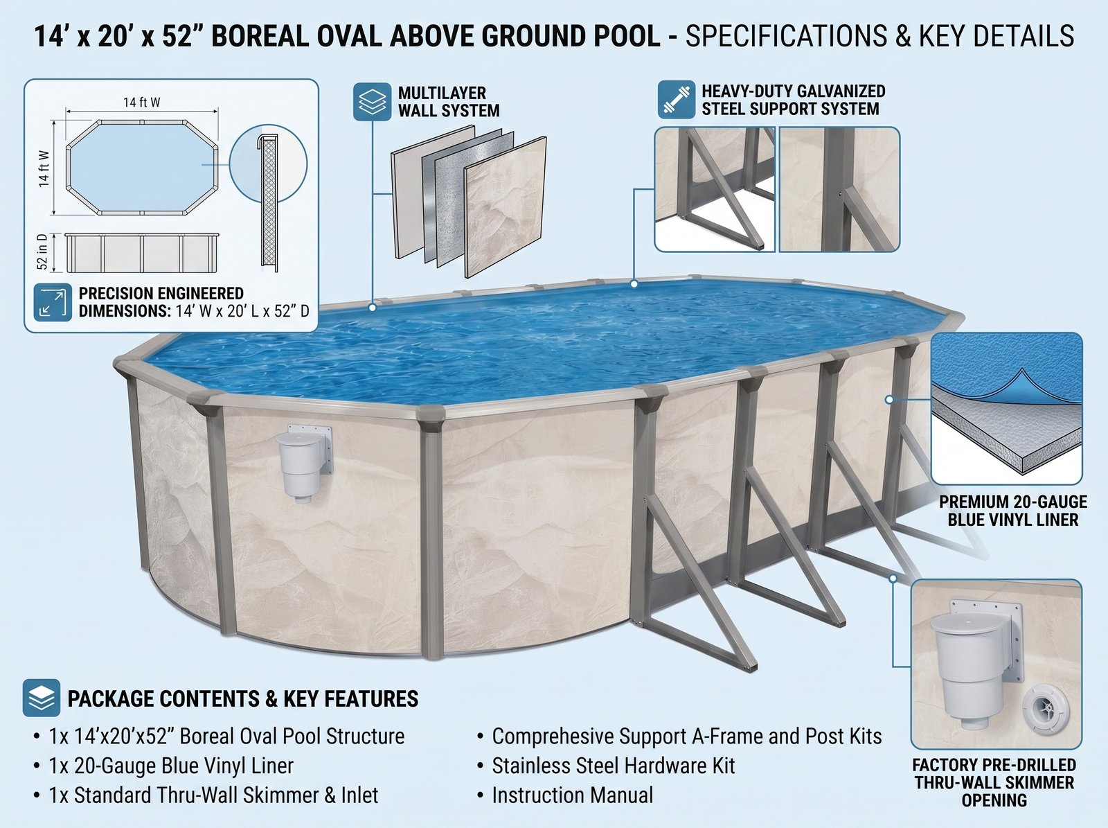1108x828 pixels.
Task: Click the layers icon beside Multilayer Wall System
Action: pos(372,101)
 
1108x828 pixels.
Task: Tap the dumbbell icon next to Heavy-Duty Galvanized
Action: pos(677,100)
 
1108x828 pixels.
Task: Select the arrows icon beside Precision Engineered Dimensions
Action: pos(53,302)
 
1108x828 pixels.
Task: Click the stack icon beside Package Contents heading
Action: pos(42,698)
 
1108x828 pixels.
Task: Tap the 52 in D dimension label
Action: pos(43,252)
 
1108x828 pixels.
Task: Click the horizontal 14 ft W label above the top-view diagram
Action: pos(142,103)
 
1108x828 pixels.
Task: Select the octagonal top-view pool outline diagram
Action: pos(142,168)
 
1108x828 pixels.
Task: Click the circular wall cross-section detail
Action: pos(268,164)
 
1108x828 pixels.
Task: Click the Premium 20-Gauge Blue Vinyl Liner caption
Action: pos(1013,511)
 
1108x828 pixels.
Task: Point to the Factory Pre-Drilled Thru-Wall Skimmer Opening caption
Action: pos(994,782)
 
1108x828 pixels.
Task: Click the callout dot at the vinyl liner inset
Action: pos(889,400)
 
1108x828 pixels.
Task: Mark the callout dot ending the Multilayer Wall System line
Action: pos(373,307)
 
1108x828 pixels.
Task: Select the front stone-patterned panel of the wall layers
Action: pos(506,207)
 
